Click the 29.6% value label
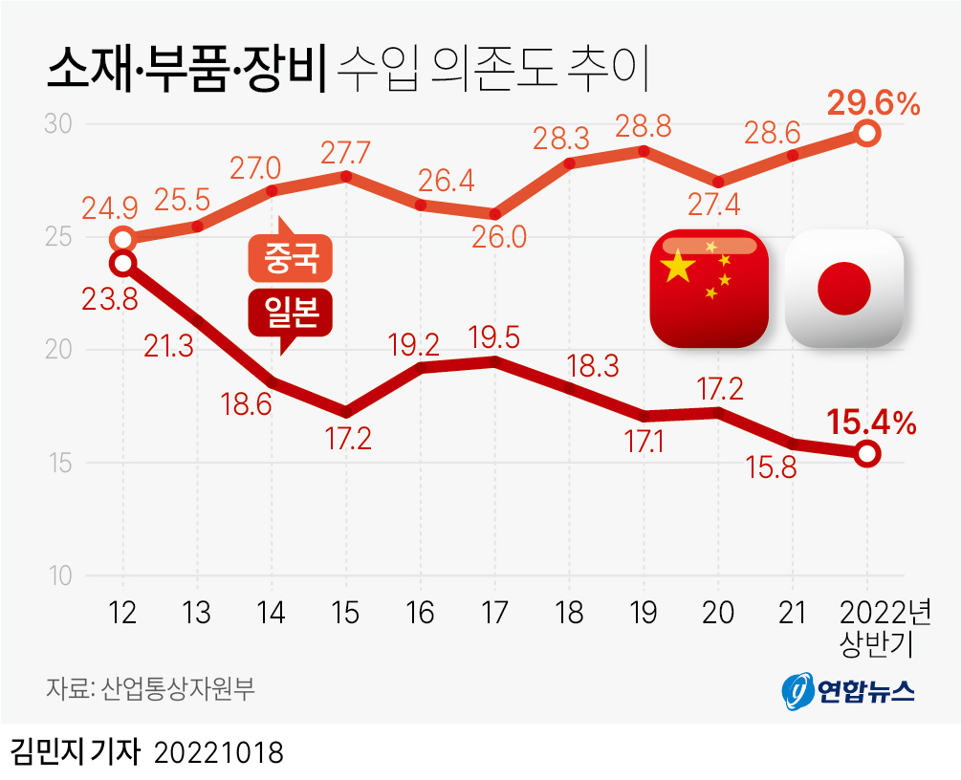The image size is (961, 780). (x=873, y=102)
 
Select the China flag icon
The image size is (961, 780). (x=709, y=287)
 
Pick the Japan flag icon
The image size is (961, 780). (x=844, y=287)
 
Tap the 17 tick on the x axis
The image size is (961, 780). (x=494, y=614)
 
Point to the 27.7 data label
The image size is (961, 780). (x=345, y=153)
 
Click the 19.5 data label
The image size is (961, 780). (x=495, y=336)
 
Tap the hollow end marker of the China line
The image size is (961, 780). (x=866, y=134)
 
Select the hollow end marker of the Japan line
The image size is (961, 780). (x=866, y=454)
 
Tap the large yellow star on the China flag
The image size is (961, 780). (x=677, y=267)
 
